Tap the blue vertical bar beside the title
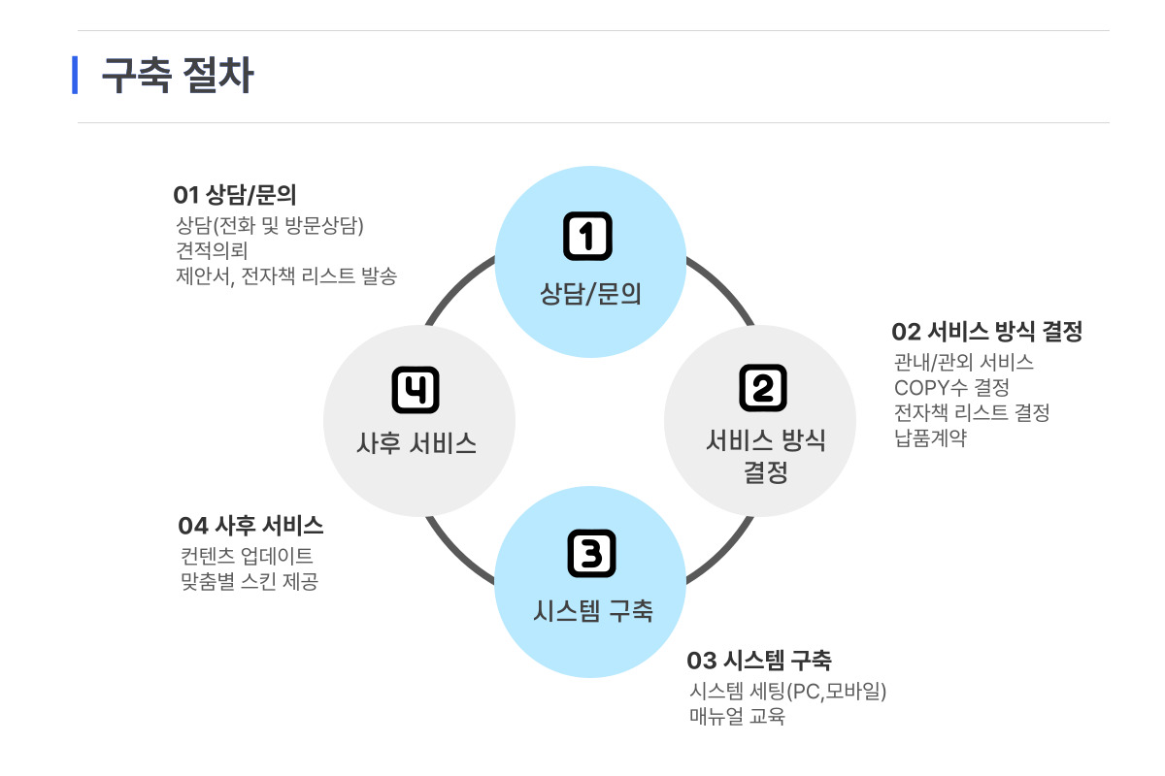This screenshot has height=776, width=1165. pyautogui.click(x=75, y=76)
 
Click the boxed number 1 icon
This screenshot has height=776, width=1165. pyautogui.click(x=588, y=236)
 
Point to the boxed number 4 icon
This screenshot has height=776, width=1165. pyautogui.click(x=416, y=390)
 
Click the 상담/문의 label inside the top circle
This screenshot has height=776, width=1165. pyautogui.click(x=590, y=293)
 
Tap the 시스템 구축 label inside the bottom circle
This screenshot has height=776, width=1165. pyautogui.click(x=593, y=611)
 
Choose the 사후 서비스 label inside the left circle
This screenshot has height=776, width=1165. pyautogui.click(x=416, y=444)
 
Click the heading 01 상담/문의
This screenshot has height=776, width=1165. pyautogui.click(x=234, y=194)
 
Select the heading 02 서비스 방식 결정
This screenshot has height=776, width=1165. pyautogui.click(x=986, y=332)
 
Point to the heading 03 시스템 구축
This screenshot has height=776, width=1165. pyautogui.click(x=759, y=662)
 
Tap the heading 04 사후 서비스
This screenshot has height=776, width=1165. pyautogui.click(x=250, y=526)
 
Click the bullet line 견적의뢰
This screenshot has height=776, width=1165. pyautogui.click(x=212, y=250)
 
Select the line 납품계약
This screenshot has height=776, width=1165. pyautogui.click(x=930, y=437)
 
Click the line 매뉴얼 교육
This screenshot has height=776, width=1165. pyautogui.click(x=737, y=718)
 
